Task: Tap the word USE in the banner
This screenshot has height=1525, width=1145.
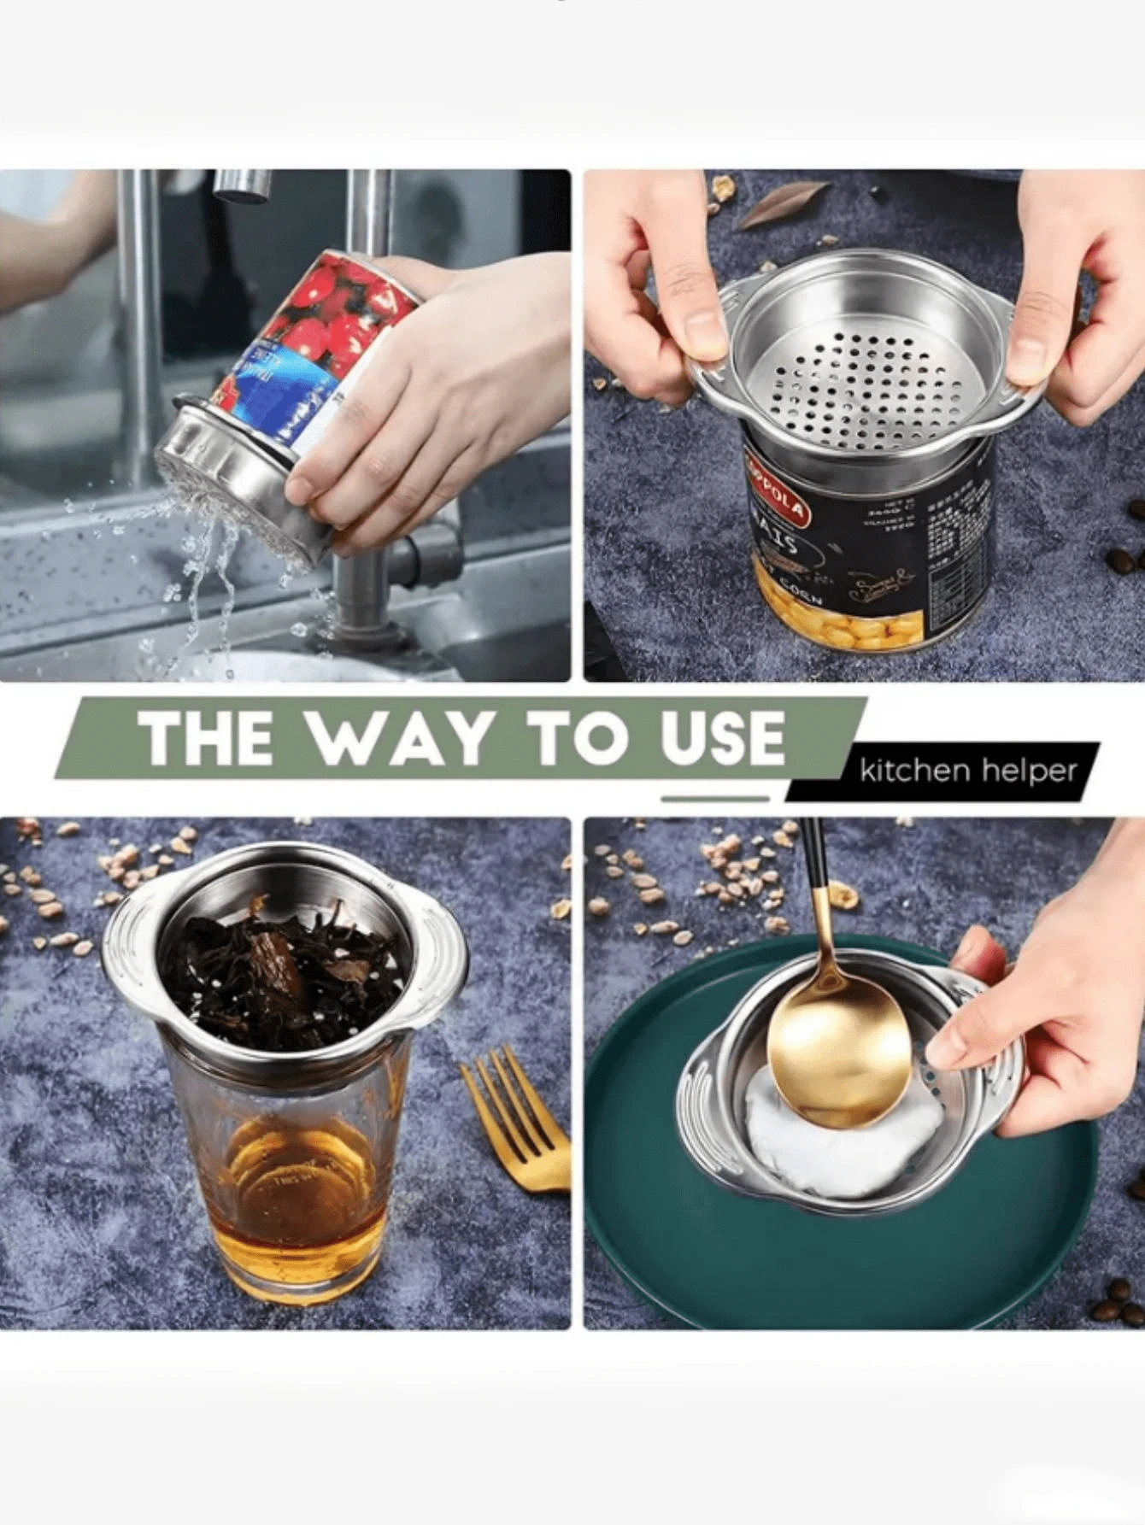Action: pyautogui.click(x=722, y=737)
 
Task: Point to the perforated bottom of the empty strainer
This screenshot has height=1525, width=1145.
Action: pyautogui.click(x=863, y=389)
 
